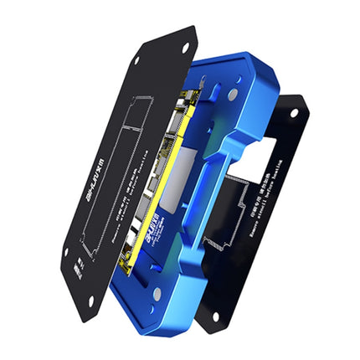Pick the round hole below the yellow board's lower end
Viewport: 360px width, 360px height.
pyautogui.click(x=157, y=293)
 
